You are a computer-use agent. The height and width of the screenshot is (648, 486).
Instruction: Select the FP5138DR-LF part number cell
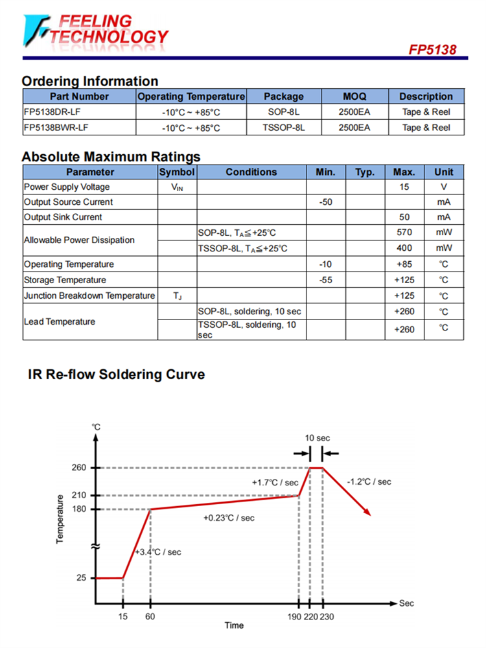(52, 111)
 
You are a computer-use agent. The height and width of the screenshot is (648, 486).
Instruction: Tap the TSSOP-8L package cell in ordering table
(283, 128)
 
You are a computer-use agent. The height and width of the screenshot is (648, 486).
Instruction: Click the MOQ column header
(354, 97)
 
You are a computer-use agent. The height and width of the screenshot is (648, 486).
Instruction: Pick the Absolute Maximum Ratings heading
(111, 157)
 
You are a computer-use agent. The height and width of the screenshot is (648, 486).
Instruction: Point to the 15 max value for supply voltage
(404, 187)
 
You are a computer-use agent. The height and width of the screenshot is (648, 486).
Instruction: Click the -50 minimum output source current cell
(326, 202)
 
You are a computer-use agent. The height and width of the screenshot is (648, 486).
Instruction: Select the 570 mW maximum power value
(404, 232)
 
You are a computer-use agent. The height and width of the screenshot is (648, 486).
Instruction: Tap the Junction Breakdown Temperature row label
(89, 295)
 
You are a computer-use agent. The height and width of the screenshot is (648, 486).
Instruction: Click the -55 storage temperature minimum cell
(326, 280)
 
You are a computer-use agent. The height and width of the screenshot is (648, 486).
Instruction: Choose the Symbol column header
(177, 172)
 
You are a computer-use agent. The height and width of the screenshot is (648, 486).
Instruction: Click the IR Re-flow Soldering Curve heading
(117, 375)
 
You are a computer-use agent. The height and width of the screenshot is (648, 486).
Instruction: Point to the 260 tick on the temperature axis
(79, 468)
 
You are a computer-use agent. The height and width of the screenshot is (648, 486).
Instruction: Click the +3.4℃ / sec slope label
(157, 551)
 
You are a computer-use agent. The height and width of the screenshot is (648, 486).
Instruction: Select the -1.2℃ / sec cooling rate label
(369, 481)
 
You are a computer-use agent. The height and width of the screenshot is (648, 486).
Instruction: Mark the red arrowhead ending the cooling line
(367, 512)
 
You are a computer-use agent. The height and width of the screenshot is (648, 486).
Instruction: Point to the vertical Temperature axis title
(60, 518)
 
